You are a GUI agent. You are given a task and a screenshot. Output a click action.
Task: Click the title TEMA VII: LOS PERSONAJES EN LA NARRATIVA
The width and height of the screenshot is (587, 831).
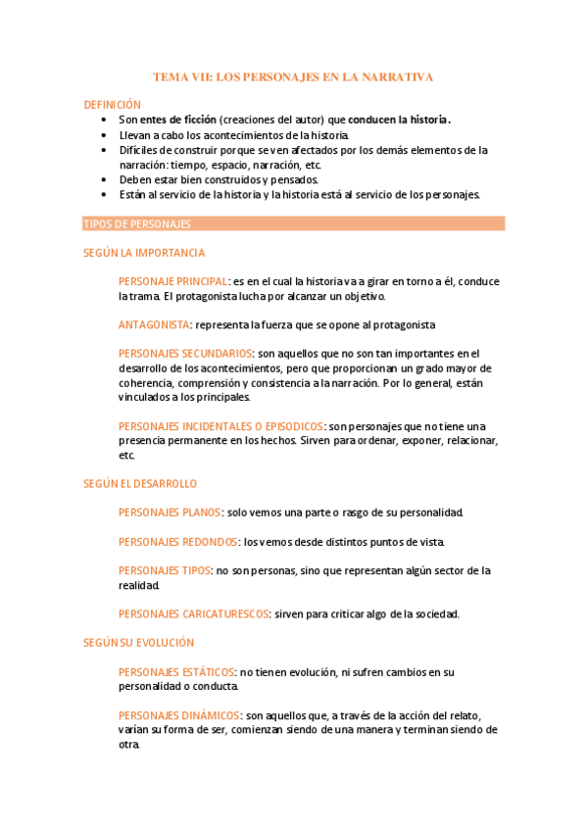[x=293, y=75]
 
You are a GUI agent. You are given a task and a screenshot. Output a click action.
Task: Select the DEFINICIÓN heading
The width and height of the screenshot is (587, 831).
[x=112, y=104]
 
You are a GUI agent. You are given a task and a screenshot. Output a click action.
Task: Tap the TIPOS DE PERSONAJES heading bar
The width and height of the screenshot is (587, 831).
[x=294, y=224]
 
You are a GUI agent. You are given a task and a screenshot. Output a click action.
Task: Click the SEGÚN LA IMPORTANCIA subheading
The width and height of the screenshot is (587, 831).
[x=144, y=252]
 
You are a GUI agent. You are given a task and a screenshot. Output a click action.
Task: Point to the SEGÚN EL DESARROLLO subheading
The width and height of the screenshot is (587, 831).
[x=140, y=483]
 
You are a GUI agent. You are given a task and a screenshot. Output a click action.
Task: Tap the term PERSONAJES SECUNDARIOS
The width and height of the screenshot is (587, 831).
[x=185, y=354]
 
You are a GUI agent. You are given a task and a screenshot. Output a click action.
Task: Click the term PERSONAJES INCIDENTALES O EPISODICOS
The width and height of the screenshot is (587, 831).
[x=220, y=426]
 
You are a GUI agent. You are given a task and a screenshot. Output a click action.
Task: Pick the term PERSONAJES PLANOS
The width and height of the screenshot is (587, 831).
[x=170, y=513]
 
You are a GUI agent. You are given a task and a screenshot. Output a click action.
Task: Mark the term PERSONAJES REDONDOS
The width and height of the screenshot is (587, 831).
[x=177, y=541]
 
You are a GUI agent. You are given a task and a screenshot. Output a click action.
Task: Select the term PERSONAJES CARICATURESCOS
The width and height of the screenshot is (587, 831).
[x=193, y=613]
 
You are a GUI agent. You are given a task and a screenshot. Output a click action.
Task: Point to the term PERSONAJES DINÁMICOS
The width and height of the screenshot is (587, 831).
[x=178, y=714]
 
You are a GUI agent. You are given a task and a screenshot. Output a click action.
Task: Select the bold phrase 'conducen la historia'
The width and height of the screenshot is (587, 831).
[x=398, y=120]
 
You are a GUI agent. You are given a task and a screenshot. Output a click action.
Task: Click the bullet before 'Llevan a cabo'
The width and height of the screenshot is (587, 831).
[x=104, y=135]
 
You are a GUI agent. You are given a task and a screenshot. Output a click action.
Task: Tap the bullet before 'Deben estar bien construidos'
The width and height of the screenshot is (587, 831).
[x=104, y=180]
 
